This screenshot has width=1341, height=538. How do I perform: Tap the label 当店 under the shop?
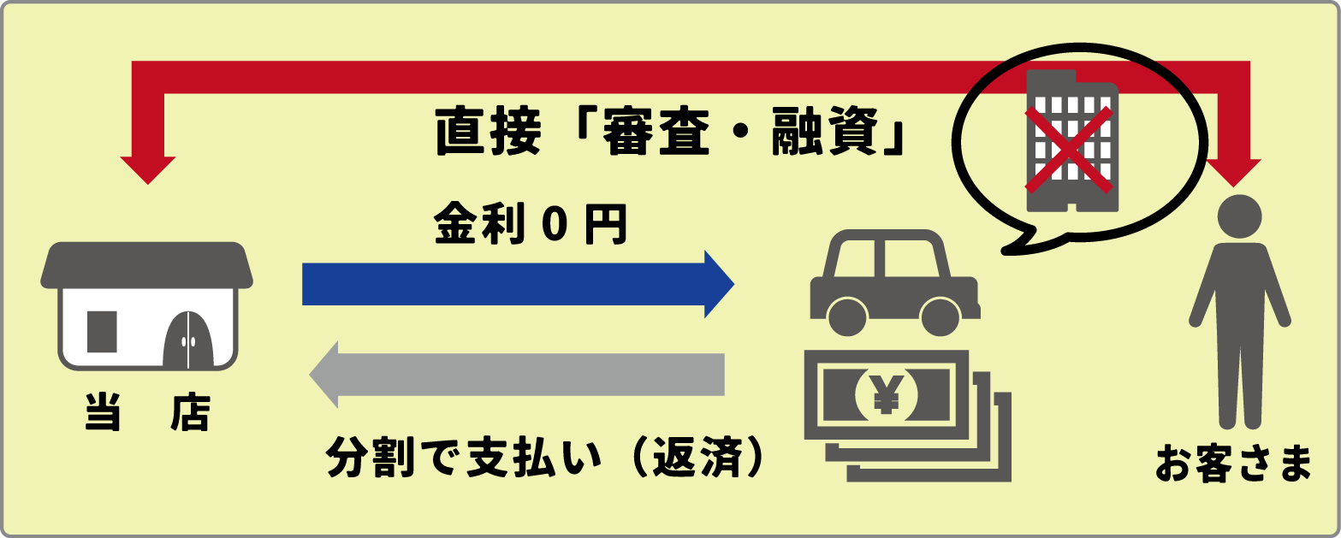coord(148,412)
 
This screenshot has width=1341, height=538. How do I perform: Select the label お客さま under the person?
coord(1233,464)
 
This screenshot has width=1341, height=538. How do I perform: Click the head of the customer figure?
coord(1239,217)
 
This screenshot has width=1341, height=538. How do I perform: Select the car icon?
coord(895,282)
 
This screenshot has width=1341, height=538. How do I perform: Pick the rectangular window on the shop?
coord(102,331)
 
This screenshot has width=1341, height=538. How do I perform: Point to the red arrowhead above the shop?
coord(148,169)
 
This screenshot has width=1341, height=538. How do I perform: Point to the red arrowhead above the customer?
coord(1233,172)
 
